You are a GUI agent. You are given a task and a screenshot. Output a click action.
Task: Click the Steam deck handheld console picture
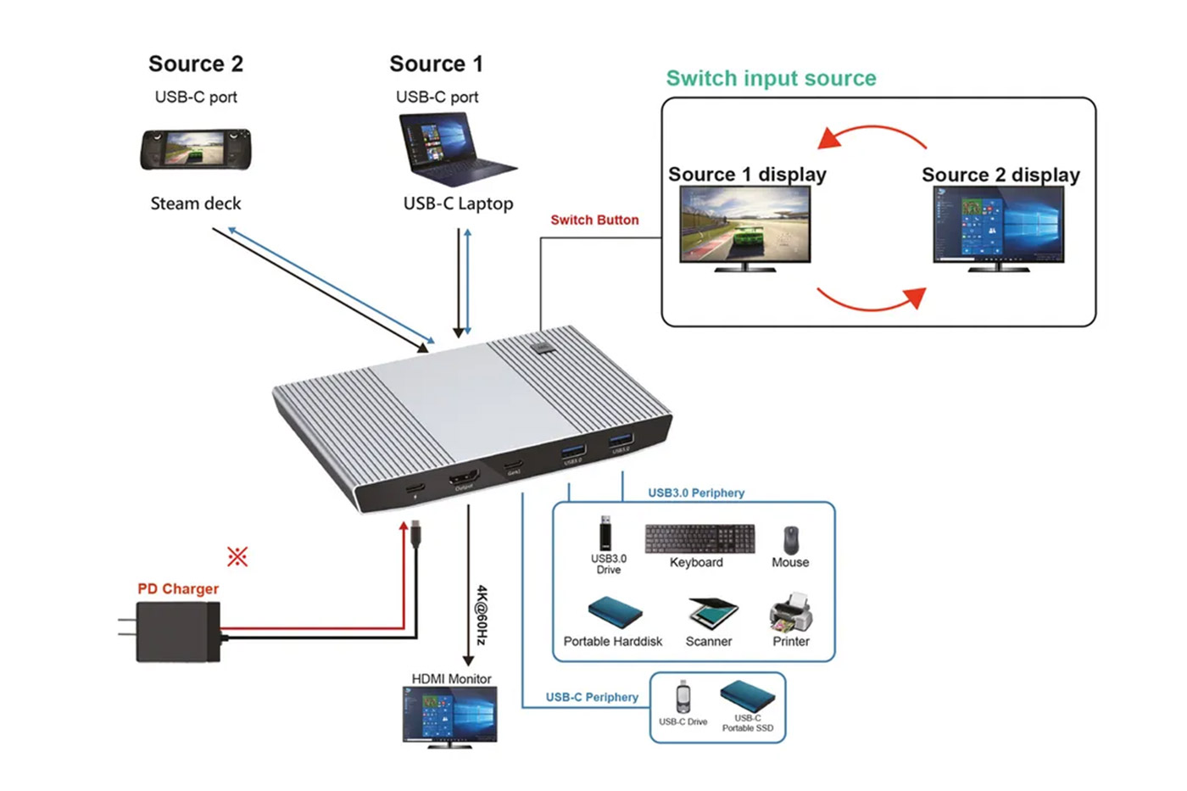[196, 149]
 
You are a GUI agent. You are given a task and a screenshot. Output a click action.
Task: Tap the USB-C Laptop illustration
[454, 149]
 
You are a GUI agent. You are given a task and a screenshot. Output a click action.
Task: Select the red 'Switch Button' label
[594, 220]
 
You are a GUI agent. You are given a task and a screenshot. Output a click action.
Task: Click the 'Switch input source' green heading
[771, 78]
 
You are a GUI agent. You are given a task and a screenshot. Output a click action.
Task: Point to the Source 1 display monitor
[745, 227]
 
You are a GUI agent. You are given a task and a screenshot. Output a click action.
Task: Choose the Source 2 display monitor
[998, 227]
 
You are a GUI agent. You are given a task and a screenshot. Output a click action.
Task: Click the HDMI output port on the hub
[464, 477]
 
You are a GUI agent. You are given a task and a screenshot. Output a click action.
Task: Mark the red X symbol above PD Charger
[237, 556]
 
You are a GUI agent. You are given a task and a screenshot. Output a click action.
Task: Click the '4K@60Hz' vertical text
[482, 615]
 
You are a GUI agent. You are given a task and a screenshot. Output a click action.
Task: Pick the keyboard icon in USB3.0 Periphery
[699, 538]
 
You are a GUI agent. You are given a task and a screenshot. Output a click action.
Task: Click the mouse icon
[790, 539]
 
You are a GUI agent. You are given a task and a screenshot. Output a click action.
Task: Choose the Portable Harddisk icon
[614, 613]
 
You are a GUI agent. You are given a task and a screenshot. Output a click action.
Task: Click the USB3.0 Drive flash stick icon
[605, 533]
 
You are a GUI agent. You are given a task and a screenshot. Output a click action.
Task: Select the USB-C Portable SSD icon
[747, 697]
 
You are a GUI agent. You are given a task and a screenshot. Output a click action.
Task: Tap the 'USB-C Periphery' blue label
[592, 697]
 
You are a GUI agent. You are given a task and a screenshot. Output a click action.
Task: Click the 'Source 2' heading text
[196, 64]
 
